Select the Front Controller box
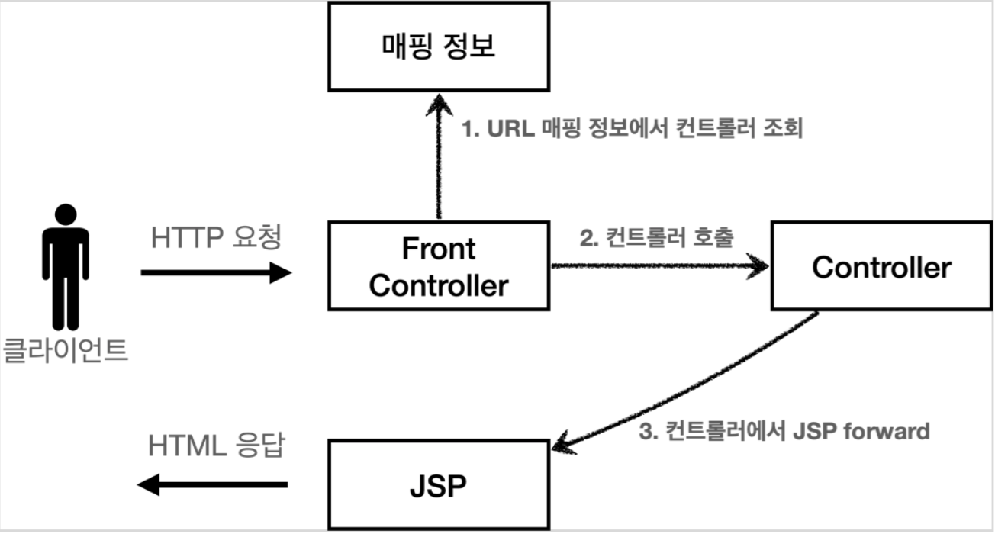tap(439, 267)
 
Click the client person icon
tap(66, 267)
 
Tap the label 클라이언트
tap(66, 352)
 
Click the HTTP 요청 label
tap(217, 238)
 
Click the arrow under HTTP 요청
tap(217, 272)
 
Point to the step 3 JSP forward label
tap(784, 432)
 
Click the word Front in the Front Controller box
tap(438, 249)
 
